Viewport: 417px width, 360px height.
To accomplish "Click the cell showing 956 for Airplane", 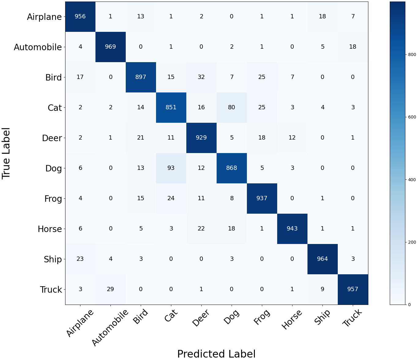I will point(80,17).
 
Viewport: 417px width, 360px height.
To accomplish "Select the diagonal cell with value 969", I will point(110,47).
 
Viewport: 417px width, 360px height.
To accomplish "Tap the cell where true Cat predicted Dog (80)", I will point(232,107).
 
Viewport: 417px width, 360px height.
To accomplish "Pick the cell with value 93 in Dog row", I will point(171,168).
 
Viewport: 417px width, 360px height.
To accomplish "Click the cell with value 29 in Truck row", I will point(110,289).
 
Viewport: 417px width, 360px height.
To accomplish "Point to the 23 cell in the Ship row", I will point(80,259).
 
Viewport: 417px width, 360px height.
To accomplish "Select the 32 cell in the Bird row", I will point(201,77).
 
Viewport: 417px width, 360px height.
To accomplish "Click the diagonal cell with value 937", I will point(262,198).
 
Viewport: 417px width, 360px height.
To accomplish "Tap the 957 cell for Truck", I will point(353,289).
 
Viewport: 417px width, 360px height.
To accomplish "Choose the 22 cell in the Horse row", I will point(201,229).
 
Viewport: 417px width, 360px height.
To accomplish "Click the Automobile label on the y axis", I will point(38,47).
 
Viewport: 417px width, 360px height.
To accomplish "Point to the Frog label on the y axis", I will point(53,199).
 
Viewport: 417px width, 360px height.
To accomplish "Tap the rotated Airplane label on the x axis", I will point(80,323).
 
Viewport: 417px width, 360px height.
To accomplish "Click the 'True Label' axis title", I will point(6,153).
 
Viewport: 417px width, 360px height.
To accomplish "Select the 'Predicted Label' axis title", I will point(216,354).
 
